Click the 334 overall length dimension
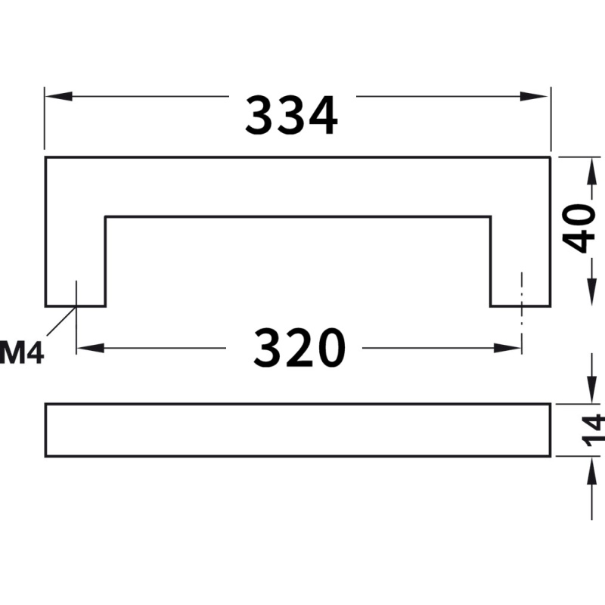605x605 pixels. pos(292,115)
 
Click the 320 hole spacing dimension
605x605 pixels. pos(299,347)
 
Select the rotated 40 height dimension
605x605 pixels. pos(579,228)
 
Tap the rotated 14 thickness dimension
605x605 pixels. pos(593,430)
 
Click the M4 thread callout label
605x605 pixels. pos(22,352)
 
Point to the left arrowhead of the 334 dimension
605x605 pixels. pos(59,97)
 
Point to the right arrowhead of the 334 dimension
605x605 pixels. pos(534,97)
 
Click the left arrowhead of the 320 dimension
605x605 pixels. pos(91,348)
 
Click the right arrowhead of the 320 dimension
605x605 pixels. pos(507,348)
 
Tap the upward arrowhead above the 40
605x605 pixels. pos(591,172)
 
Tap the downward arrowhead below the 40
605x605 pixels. pos(591,293)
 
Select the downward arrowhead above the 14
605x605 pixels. pos(591,389)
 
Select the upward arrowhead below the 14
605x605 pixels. pos(591,470)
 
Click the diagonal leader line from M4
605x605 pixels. pos(61,321)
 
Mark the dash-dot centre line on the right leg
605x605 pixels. pos(522,312)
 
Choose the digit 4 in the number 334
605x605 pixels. pos(322,115)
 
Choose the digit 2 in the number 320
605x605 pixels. pos(299,347)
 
